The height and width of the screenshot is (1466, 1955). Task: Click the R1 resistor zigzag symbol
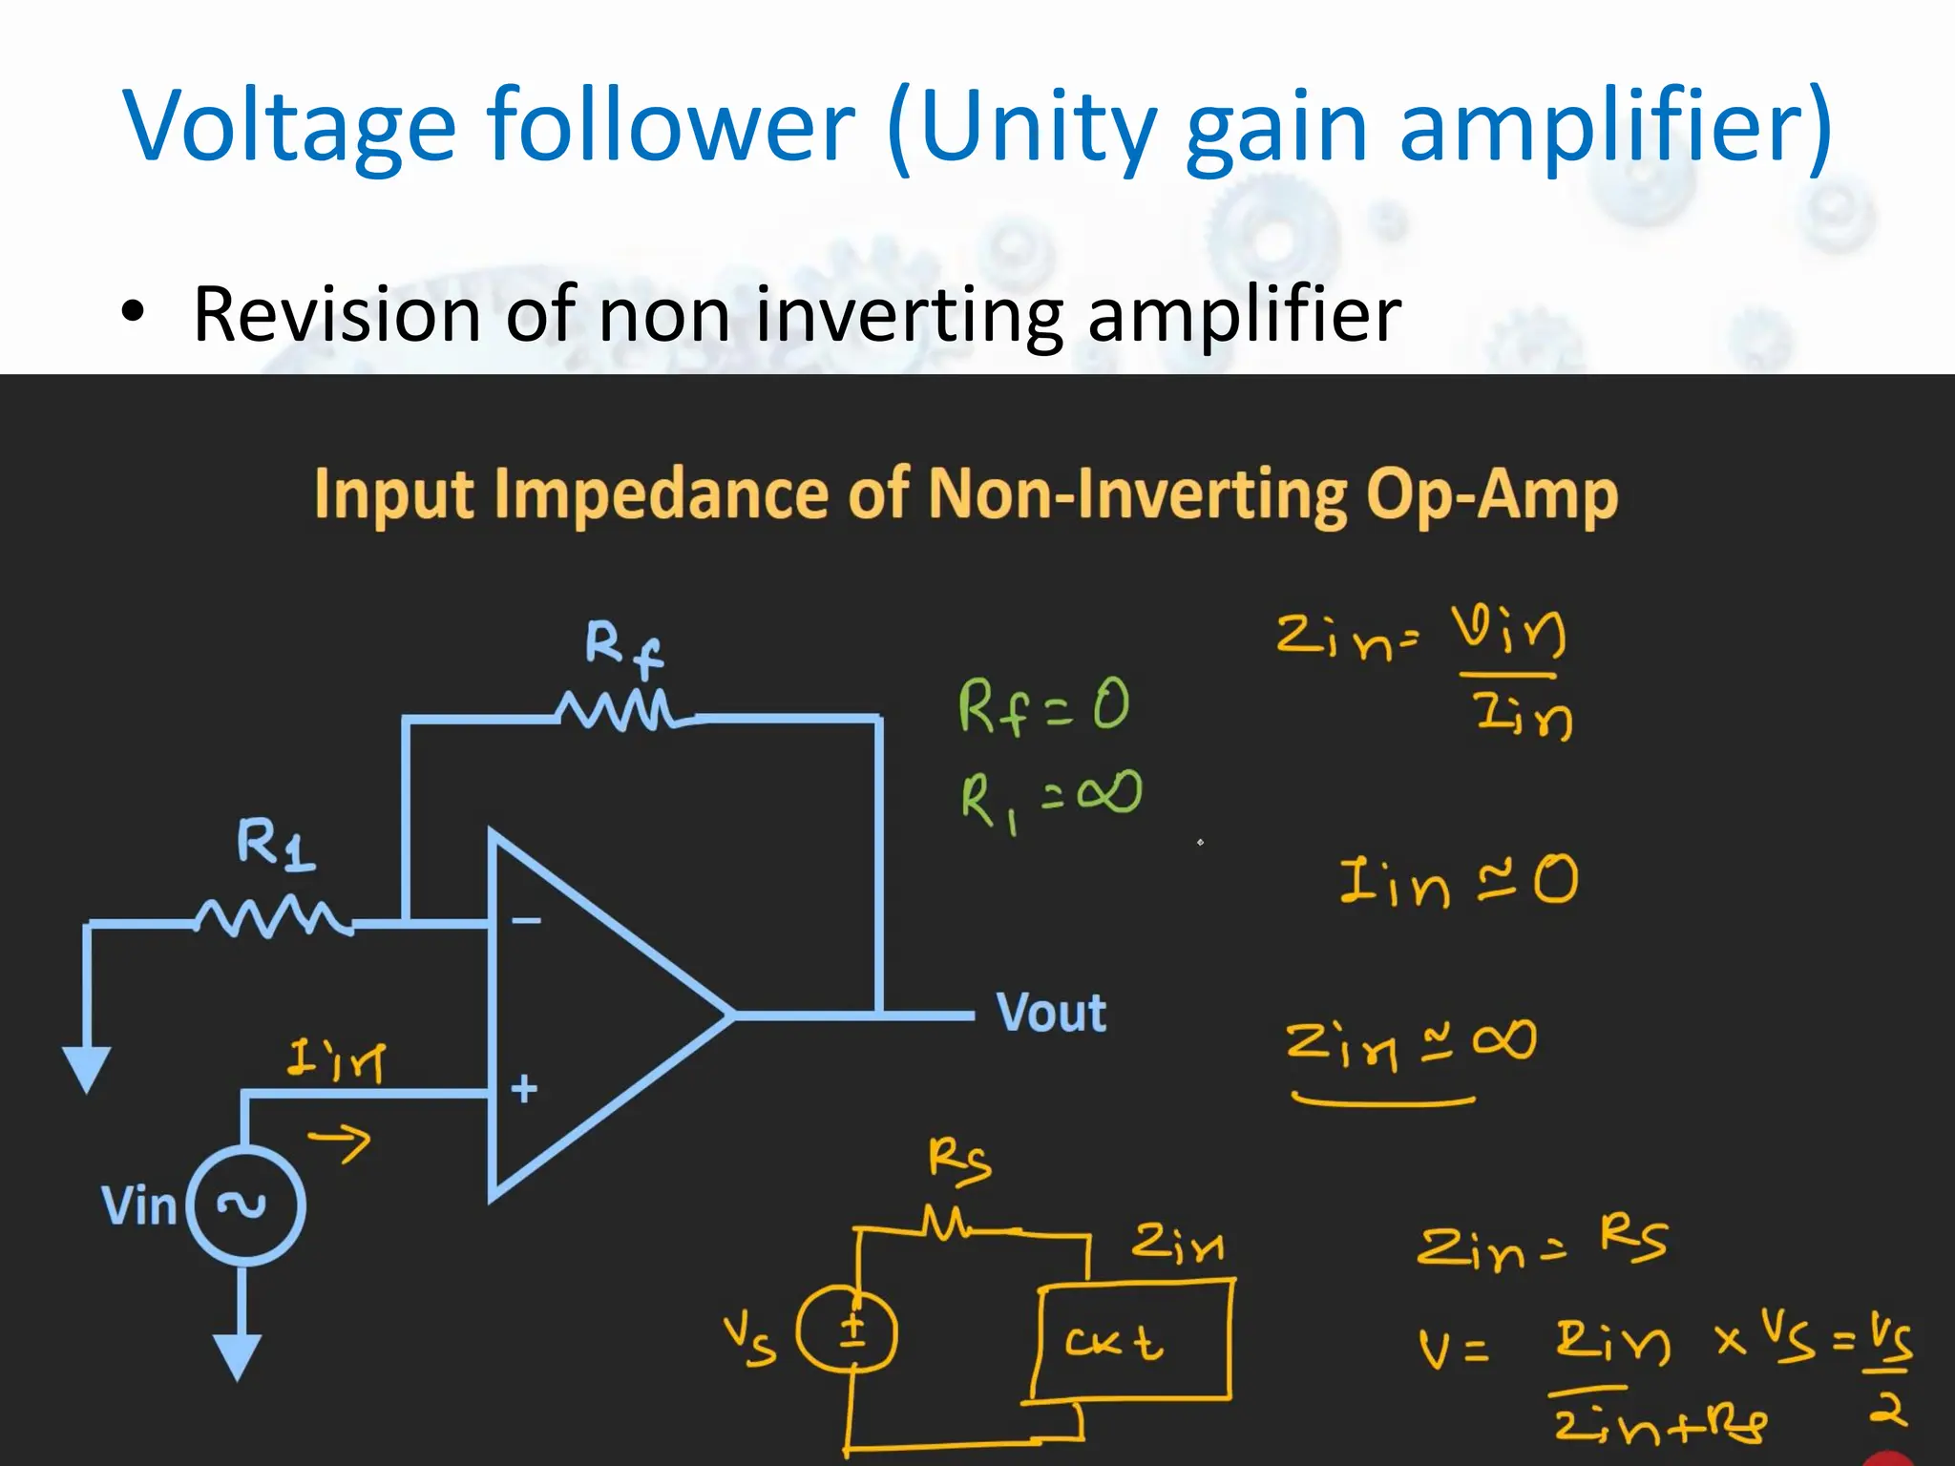[272, 917]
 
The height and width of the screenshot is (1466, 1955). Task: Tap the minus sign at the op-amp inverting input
[526, 921]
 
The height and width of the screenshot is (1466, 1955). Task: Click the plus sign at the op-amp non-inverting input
[523, 1088]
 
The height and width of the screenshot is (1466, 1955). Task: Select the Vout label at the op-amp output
[1051, 1013]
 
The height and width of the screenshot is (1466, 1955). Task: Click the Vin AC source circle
[245, 1206]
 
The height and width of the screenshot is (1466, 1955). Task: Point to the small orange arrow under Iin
[340, 1141]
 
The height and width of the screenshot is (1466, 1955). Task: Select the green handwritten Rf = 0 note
[1043, 706]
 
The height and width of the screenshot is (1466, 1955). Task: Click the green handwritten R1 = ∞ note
[1050, 798]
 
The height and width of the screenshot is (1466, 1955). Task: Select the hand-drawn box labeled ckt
[1133, 1341]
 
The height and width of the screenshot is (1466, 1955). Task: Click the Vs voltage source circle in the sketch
[848, 1331]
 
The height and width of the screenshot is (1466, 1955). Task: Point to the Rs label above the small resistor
[959, 1162]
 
